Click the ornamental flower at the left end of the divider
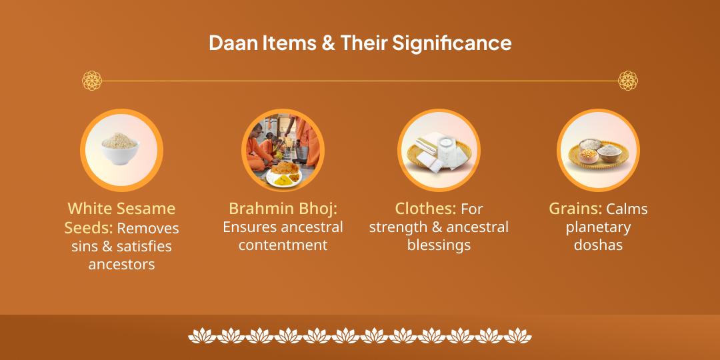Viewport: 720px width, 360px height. tap(92, 81)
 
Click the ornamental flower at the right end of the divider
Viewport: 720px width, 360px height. tap(627, 81)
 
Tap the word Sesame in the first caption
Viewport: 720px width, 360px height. tap(150, 209)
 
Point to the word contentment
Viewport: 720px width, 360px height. tap(283, 245)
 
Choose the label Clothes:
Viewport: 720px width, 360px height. tap(425, 209)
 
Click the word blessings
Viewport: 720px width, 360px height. tap(439, 245)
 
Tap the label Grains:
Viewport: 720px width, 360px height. tap(575, 209)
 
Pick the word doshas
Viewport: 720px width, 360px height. tap(598, 245)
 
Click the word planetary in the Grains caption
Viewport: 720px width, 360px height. tap(598, 227)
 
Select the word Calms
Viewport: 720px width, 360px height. tap(627, 209)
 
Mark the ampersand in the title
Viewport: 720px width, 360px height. tap(329, 43)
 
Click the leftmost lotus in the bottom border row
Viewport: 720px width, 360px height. tap(201, 335)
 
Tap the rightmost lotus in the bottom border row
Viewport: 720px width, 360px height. tap(518, 335)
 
